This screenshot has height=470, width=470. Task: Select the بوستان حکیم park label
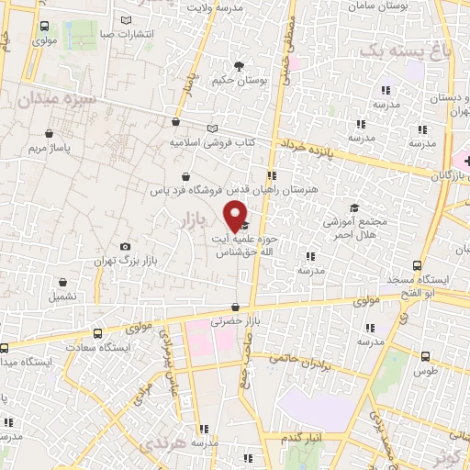pos(240,82)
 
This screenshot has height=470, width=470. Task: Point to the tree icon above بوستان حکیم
pos(240,66)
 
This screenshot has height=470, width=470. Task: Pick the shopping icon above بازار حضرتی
pos(237,307)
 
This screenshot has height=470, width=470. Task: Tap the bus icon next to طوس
pos(426,356)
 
